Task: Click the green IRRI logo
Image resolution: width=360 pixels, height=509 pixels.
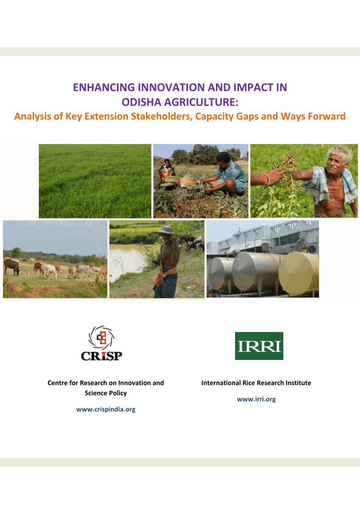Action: tap(259, 346)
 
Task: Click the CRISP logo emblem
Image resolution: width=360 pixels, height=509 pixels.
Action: tap(101, 338)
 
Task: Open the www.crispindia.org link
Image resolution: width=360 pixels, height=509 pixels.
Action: tap(106, 409)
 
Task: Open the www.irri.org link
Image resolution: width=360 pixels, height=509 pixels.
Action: tap(256, 399)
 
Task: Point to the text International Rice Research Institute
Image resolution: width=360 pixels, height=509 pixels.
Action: tap(256, 383)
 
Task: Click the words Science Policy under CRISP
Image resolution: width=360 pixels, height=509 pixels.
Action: tap(106, 393)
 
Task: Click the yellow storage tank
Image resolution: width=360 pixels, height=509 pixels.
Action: tap(299, 274)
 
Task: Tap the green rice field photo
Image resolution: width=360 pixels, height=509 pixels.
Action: tap(95, 181)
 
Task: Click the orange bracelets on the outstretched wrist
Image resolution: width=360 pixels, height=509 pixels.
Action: tap(265, 178)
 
